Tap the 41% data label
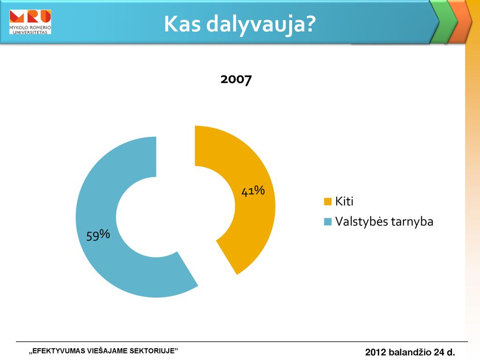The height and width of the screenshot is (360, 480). tap(253, 191)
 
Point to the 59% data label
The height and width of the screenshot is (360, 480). tap(98, 235)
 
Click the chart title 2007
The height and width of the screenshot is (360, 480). tap(236, 80)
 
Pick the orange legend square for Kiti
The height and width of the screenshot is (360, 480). tap(328, 202)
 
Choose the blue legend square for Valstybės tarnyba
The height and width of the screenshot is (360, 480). tap(328, 222)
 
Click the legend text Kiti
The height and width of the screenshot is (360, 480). tap(344, 201)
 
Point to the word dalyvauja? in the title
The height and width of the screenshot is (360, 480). tap(261, 24)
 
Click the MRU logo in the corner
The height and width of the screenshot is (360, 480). tap(30, 22)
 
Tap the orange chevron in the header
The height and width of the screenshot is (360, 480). tap(460, 22)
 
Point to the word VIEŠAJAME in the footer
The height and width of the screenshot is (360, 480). tap(107, 351)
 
